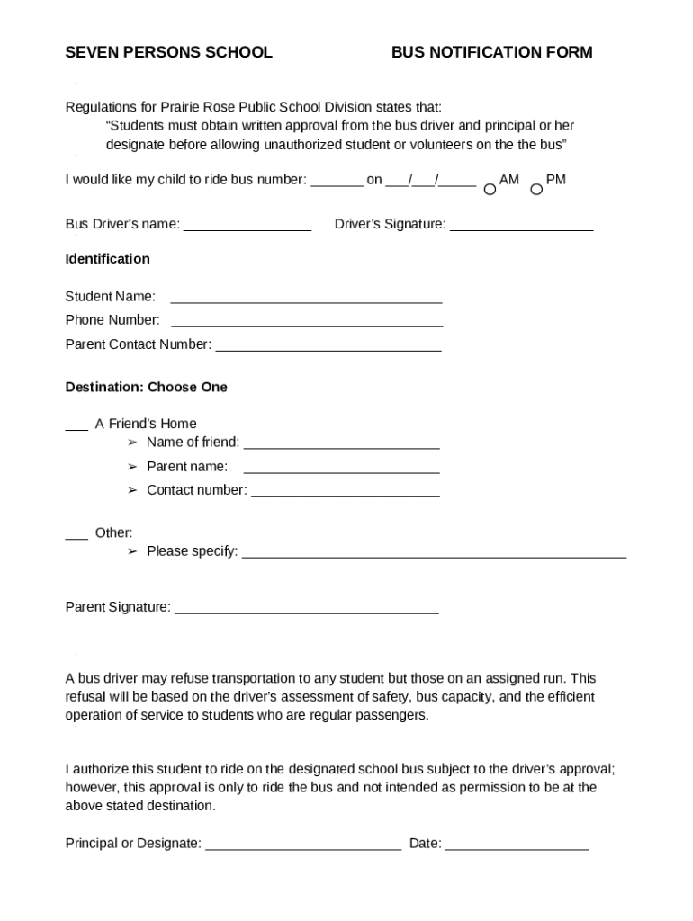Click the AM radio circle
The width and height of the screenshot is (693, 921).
(x=490, y=190)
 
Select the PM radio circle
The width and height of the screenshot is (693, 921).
(x=536, y=190)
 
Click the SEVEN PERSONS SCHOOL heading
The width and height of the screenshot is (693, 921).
(x=168, y=52)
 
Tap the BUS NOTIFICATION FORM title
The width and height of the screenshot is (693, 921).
(x=491, y=52)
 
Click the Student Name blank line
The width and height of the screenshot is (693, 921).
(x=306, y=300)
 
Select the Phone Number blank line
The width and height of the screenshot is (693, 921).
(x=307, y=324)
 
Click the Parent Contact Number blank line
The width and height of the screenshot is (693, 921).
(x=328, y=348)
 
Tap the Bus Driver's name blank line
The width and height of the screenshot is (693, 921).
(x=247, y=228)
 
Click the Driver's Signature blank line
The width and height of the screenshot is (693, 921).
(x=521, y=228)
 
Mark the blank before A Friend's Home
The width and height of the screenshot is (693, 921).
(x=76, y=428)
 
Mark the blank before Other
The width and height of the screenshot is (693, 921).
(x=76, y=537)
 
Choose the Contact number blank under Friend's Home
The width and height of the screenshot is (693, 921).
(x=346, y=494)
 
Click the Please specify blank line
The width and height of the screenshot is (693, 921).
(x=434, y=556)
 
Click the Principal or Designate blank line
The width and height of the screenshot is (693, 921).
(x=303, y=847)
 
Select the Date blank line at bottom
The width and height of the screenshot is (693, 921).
(x=516, y=847)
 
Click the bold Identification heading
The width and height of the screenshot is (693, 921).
(x=107, y=259)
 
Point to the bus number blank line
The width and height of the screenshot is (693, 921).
(x=337, y=183)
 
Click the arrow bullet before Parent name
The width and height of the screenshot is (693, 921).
(x=131, y=467)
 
